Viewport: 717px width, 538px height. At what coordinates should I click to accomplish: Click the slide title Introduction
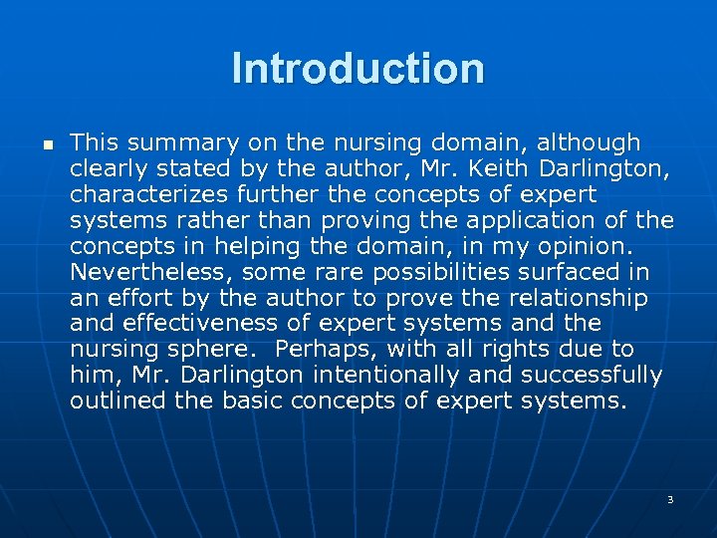358,70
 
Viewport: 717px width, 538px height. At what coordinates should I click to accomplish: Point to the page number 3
670,498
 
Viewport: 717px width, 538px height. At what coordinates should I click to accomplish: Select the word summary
168,142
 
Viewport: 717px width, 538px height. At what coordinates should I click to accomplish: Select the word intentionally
387,376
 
